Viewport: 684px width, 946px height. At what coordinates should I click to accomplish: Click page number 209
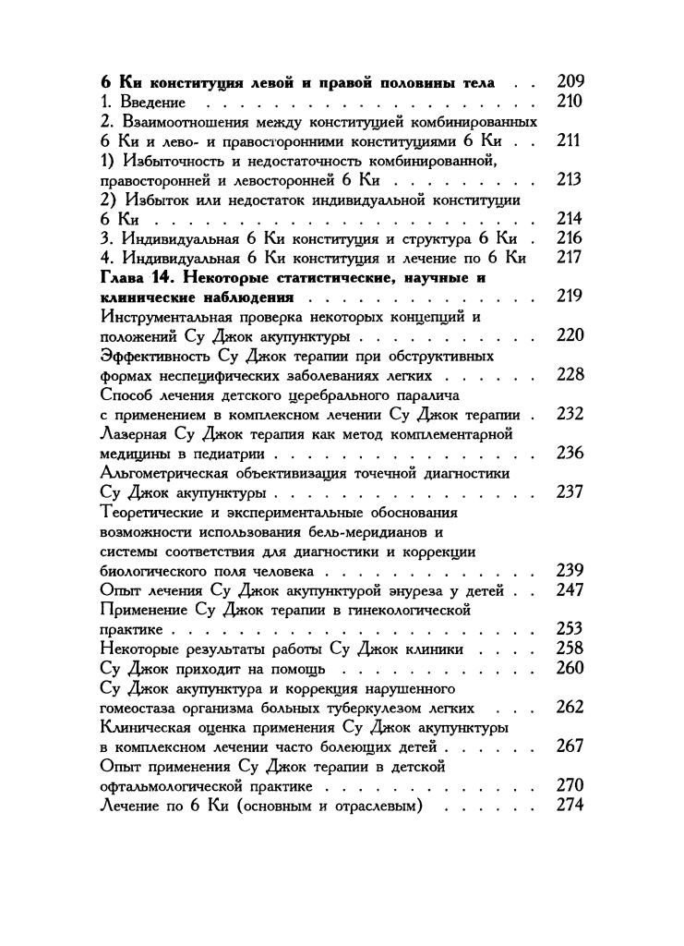570,81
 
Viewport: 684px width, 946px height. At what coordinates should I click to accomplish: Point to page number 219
570,297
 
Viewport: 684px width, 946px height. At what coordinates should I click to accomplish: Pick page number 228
570,375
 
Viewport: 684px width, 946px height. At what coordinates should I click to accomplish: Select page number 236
570,453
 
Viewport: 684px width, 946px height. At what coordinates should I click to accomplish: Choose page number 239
570,570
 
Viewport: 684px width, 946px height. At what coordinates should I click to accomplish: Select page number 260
570,668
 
